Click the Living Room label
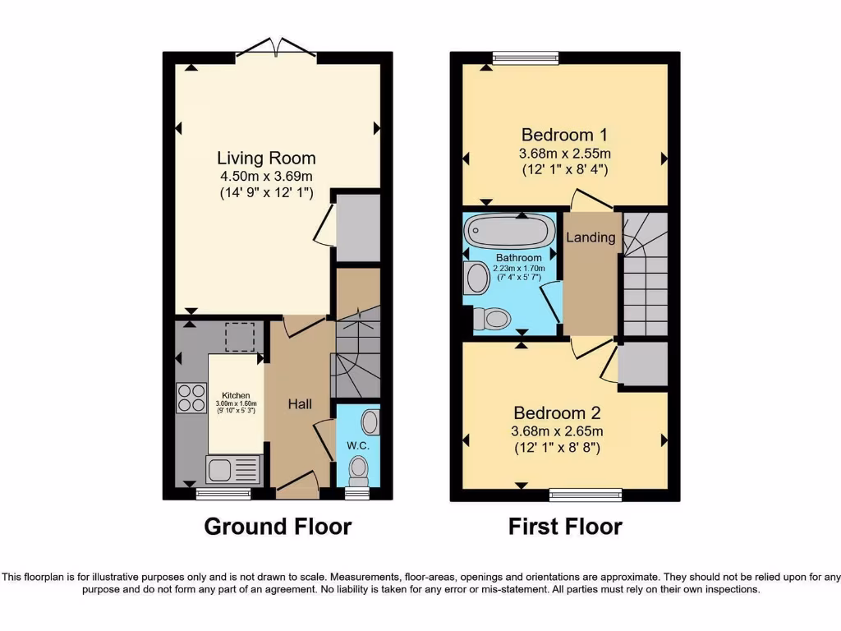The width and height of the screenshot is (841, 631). pos(266,158)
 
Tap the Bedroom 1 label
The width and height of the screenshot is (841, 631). pos(564,135)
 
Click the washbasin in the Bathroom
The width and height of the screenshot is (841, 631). pos(476,278)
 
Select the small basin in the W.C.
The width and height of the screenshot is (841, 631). pos(371,423)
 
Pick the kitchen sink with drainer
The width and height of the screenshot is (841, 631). pos(233,470)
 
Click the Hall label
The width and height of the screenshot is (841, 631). pos(298,404)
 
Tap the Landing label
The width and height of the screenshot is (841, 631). pos(591,237)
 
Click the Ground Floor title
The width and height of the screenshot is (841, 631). pos(278,526)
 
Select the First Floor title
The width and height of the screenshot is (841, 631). pos(565,526)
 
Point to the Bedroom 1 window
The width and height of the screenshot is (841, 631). pos(526,57)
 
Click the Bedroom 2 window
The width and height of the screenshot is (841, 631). pos(585,495)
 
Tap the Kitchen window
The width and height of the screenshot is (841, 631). pos(223,494)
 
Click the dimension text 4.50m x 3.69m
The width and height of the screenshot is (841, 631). pos(266,177)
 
